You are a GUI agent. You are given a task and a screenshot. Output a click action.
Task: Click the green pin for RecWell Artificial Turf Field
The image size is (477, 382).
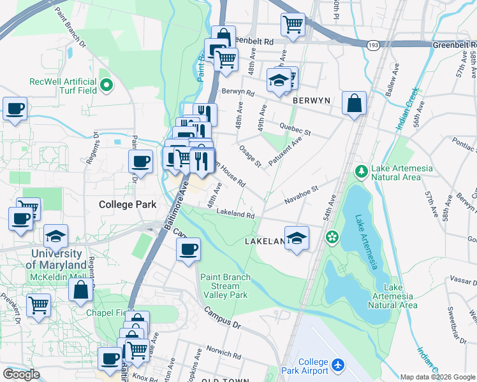point(106,83)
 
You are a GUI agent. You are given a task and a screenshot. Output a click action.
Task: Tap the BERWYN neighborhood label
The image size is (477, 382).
point(310,101)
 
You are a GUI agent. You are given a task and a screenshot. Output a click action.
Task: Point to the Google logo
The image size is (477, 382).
point(21,374)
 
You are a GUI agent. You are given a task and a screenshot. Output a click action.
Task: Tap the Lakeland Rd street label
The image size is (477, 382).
point(235,214)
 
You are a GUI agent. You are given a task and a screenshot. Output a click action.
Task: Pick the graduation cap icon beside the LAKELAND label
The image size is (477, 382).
point(297,237)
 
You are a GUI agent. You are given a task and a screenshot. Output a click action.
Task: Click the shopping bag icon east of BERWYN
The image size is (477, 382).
point(354,103)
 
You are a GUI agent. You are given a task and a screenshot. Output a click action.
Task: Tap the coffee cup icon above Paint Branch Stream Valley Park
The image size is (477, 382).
point(188,249)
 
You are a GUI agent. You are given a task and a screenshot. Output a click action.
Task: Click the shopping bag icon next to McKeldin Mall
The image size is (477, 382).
point(81,289)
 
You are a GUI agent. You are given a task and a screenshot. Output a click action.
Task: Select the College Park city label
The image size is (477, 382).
point(123,204)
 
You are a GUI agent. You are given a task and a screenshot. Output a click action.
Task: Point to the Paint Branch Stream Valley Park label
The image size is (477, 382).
point(224,286)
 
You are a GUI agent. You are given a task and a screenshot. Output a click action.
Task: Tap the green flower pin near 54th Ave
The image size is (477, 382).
point(332,237)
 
